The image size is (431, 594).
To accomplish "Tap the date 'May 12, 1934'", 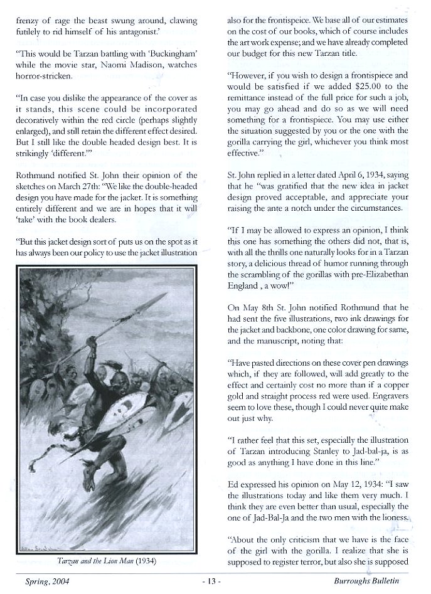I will click(352, 485).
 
